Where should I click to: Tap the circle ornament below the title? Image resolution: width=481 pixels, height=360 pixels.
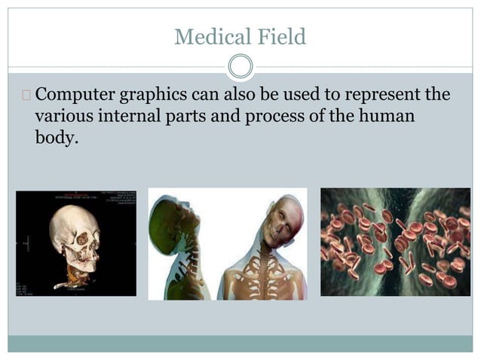click(x=240, y=67)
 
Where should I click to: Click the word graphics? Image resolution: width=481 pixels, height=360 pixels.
click(x=165, y=96)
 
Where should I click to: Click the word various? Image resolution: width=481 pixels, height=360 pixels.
click(x=64, y=117)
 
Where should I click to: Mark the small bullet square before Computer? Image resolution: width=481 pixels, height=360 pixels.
click(x=27, y=96)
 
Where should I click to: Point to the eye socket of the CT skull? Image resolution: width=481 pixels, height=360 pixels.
click(x=81, y=239)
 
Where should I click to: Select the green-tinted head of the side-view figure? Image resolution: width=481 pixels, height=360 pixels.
click(x=167, y=218)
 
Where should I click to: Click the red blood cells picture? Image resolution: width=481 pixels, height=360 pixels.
click(x=394, y=241)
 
